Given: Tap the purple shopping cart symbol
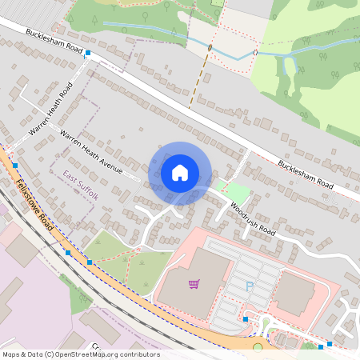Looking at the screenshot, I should pyautogui.click(x=194, y=283).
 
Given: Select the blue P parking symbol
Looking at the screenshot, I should pyautogui.click(x=250, y=286).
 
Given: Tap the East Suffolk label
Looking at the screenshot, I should pyautogui.click(x=81, y=184).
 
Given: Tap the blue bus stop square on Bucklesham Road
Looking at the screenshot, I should pyautogui.click(x=88, y=54).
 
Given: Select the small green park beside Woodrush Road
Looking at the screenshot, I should pyautogui.click(x=234, y=192).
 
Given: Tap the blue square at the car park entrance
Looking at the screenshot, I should pyautogui.click(x=246, y=319).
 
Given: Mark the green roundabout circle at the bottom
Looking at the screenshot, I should pyautogui.click(x=258, y=347).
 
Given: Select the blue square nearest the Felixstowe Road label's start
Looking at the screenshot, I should pyautogui.click(x=14, y=165).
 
